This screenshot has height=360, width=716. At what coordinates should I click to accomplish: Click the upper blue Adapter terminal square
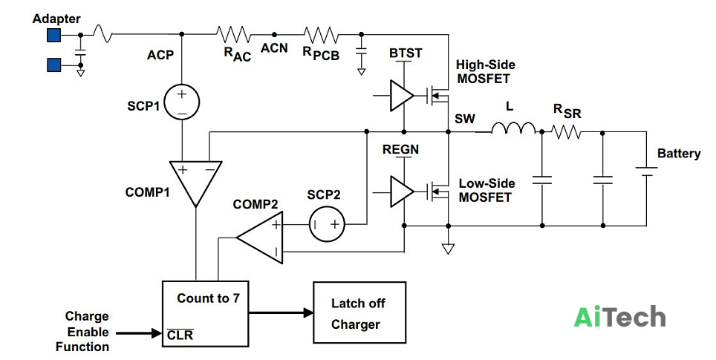pyautogui.click(x=54, y=35)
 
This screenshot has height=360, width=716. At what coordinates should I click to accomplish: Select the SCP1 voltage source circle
pyautogui.click(x=182, y=102)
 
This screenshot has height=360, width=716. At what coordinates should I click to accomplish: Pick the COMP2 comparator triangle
pyautogui.click(x=260, y=238)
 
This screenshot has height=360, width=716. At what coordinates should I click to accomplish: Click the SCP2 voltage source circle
pyautogui.click(x=327, y=224)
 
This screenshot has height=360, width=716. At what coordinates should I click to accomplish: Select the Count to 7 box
pyautogui.click(x=206, y=313)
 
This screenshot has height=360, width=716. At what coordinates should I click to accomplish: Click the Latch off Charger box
pyautogui.click(x=359, y=312)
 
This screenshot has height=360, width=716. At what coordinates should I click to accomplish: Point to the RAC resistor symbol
pyautogui.click(x=233, y=34)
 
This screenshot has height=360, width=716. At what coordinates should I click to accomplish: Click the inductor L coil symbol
pyautogui.click(x=513, y=128)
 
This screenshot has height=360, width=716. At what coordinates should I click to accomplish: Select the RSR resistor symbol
pyautogui.click(x=566, y=132)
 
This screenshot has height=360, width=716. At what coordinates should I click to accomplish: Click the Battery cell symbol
pyautogui.click(x=647, y=172)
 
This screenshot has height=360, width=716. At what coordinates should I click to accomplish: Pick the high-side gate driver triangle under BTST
pyautogui.click(x=402, y=96)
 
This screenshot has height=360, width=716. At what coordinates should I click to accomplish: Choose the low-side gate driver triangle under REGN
pyautogui.click(x=402, y=192)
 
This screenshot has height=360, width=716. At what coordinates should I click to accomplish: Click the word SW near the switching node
pyautogui.click(x=465, y=119)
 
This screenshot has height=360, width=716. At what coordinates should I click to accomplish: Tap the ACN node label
pyautogui.click(x=274, y=48)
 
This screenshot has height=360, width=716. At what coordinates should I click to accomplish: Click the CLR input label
pyautogui.click(x=180, y=335)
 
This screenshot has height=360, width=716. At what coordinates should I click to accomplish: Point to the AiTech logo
pyautogui.click(x=619, y=316)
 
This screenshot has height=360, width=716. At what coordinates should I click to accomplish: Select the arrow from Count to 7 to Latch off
pyautogui.click(x=281, y=312)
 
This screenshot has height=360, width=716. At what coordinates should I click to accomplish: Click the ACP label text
pyautogui.click(x=160, y=55)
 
